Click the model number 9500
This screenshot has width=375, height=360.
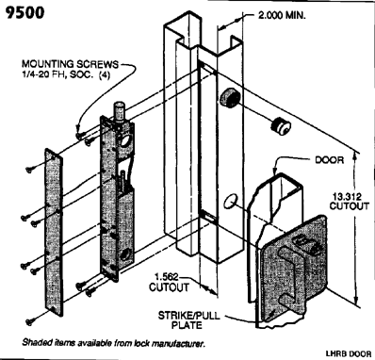tap(24, 12)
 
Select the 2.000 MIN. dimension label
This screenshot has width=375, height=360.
tap(282, 16)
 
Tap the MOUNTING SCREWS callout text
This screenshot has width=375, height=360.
tap(70, 64)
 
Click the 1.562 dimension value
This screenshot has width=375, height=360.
tap(167, 277)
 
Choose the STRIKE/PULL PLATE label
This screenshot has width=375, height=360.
tap(188, 319)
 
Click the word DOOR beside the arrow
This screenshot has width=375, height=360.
tap(329, 160)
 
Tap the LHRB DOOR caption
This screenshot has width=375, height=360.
tap(349, 353)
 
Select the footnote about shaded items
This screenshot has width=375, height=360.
tap(113, 343)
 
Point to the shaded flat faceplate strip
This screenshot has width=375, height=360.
tap(54, 232)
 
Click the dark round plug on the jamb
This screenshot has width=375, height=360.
tap(230, 98)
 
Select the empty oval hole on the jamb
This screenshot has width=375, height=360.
tap(231, 201)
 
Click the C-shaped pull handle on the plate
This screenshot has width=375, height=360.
tap(292, 271)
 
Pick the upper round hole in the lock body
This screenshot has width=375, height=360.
tap(125, 141)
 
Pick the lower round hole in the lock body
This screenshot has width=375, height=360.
tap(126, 255)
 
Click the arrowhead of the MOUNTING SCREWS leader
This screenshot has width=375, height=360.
tap(77, 130)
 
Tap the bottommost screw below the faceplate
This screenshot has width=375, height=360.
tap(30, 321)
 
